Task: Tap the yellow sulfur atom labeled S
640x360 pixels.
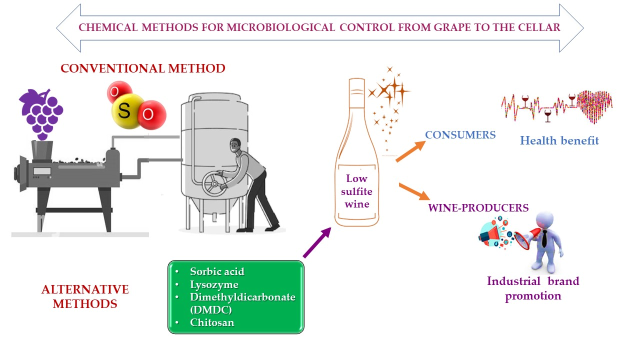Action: point(124,111)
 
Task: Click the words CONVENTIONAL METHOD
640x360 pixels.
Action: point(143,68)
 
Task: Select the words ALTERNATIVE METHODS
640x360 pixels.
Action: point(85,296)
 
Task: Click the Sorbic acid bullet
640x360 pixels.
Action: point(217,271)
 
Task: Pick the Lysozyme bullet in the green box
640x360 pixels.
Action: point(214,284)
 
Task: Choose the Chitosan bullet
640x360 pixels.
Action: point(212,322)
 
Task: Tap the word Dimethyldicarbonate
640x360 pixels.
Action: point(242,297)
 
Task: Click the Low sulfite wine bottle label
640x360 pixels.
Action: point(356,191)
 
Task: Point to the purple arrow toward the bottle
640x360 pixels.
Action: point(317,242)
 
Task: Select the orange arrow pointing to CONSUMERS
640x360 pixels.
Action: point(410,151)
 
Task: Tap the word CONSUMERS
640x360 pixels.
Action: point(460,135)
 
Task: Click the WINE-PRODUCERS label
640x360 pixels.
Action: point(478,207)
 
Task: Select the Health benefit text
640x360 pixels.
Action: point(559,140)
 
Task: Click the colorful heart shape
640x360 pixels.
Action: point(594,105)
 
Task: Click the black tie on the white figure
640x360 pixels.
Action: point(543,239)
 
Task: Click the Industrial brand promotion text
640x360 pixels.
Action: point(533,288)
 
